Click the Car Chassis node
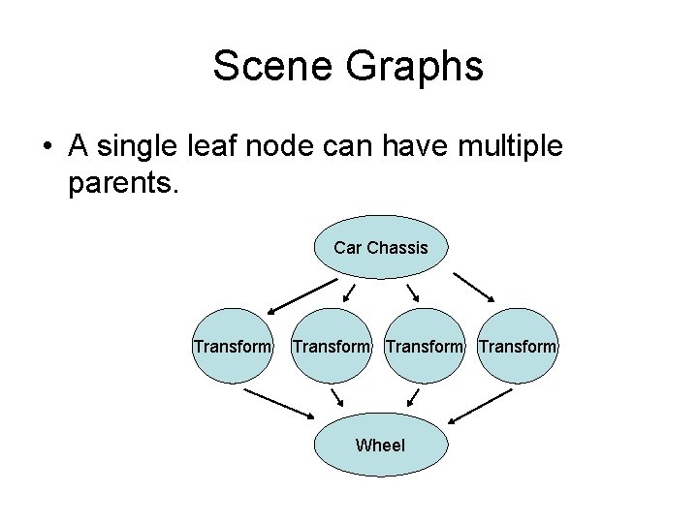(380, 248)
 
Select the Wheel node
(380, 446)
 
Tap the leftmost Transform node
(232, 347)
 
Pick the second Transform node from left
(331, 347)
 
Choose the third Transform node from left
(424, 347)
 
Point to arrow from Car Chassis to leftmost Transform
(301, 296)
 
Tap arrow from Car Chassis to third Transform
(413, 293)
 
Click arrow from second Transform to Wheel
(337, 398)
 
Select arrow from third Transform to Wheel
(413, 397)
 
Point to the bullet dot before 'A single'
(47, 148)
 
